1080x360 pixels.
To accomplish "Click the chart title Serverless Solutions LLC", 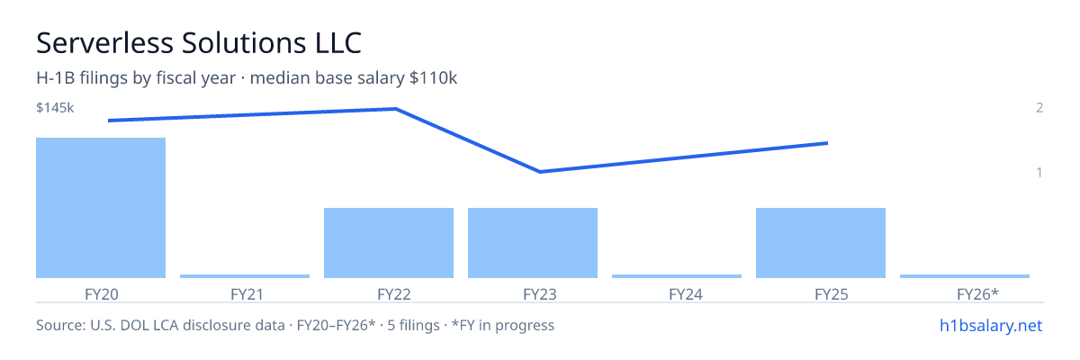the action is (x=199, y=43).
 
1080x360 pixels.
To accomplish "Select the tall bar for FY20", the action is (x=101, y=208).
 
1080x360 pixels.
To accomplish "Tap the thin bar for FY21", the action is (x=245, y=276).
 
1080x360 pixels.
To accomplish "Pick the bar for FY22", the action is (x=389, y=243).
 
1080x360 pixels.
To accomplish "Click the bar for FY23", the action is (x=533, y=243).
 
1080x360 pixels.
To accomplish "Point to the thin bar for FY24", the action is (x=677, y=276).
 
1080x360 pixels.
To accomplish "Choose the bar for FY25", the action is (x=821, y=243).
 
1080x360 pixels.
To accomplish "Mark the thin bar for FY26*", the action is (x=965, y=276).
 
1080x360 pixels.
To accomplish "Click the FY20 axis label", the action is (x=101, y=294).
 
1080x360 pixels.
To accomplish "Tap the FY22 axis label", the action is (x=394, y=294).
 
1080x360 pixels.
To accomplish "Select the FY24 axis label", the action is (x=686, y=294).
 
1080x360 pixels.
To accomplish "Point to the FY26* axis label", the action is (x=977, y=294).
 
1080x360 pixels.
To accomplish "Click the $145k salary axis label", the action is (x=55, y=107).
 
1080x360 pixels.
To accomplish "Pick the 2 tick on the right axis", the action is (x=1039, y=107).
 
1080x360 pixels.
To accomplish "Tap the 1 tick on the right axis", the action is (x=1039, y=172).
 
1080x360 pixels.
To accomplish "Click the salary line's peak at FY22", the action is (x=396, y=109).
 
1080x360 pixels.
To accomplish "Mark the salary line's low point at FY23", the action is (x=539, y=172).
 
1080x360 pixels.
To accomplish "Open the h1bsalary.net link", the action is (x=991, y=325).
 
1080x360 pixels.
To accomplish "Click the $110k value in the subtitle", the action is (x=433, y=78).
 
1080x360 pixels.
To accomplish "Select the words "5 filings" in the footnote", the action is (x=414, y=325).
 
